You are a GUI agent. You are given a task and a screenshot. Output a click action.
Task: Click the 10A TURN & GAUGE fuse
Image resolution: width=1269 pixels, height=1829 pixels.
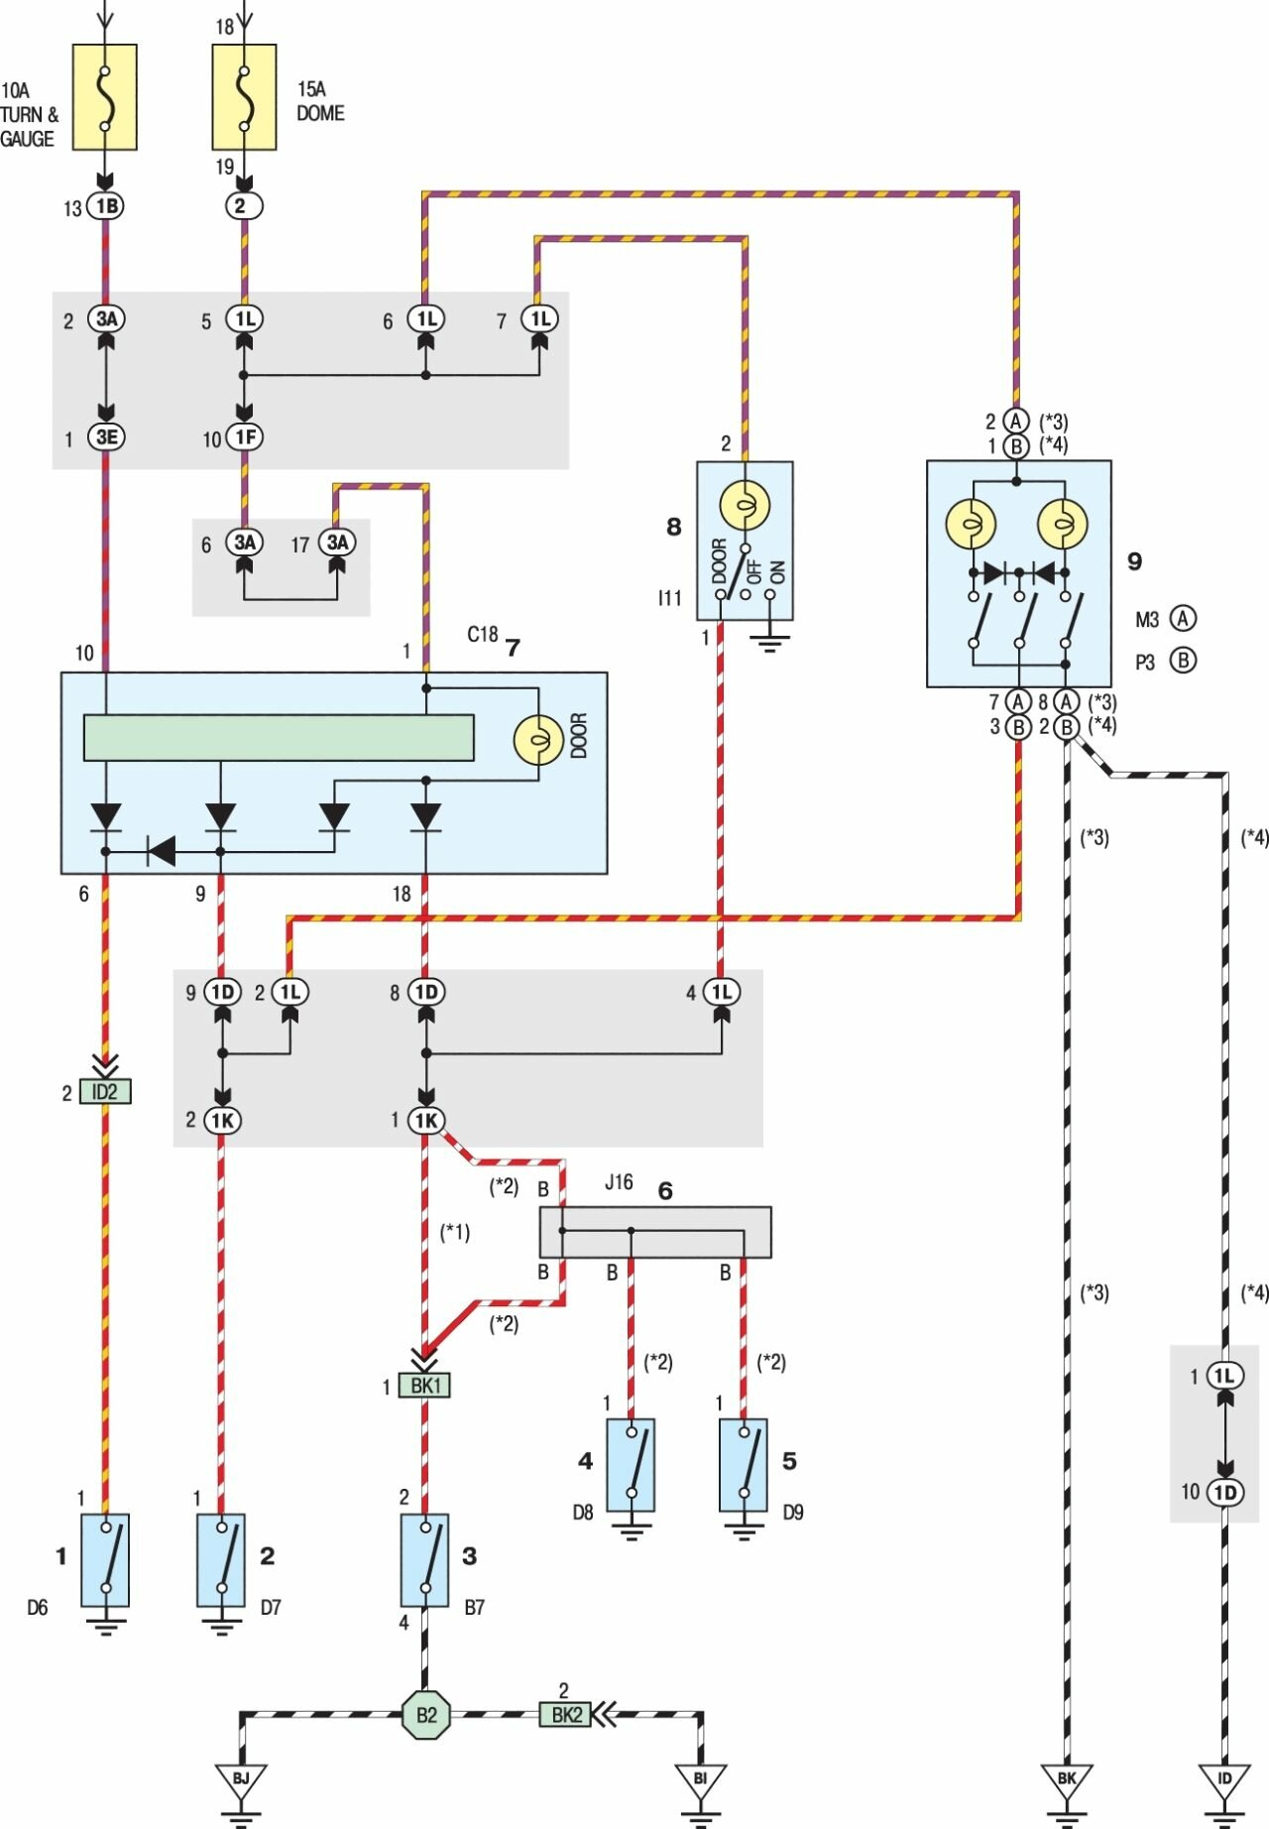(105, 96)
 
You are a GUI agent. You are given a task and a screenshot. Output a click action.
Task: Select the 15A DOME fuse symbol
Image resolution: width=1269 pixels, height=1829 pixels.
(244, 96)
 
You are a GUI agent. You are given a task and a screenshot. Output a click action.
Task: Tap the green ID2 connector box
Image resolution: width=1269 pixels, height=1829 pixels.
(105, 1092)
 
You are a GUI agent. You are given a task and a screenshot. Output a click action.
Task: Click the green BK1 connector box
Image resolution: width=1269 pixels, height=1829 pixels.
(424, 1386)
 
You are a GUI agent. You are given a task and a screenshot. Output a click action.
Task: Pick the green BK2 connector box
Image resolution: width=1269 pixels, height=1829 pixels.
(565, 1714)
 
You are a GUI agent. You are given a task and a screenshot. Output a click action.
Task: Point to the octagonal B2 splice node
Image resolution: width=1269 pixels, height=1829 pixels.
(425, 1715)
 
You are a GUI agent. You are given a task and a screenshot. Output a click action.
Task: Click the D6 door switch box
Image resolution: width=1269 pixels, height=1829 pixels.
(105, 1559)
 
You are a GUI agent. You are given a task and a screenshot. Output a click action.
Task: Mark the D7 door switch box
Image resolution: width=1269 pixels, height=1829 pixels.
(221, 1559)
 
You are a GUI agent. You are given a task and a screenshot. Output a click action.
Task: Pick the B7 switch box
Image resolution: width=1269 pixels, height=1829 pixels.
(424, 1559)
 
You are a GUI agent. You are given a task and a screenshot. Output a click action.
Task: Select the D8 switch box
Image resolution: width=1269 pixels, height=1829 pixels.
(631, 1464)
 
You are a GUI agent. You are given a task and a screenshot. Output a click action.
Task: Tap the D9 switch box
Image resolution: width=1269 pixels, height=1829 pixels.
(744, 1464)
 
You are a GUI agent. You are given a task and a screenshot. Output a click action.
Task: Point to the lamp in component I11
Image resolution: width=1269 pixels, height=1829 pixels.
(745, 507)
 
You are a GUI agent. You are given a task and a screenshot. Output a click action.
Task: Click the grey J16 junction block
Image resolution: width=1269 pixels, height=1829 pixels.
(654, 1232)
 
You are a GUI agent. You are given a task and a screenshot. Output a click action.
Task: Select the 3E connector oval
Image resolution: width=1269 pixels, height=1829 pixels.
(106, 437)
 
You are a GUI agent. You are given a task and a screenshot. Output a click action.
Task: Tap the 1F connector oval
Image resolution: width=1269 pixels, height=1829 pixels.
(244, 437)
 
